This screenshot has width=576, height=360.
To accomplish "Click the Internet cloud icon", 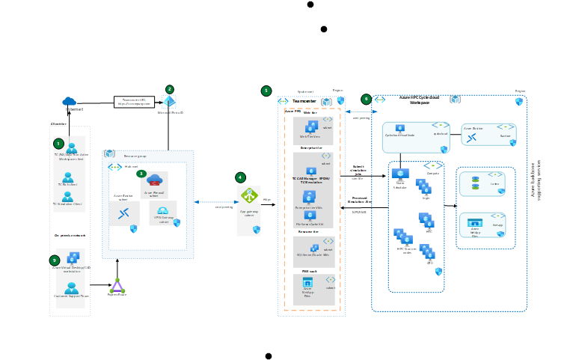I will pyautogui.click(x=70, y=101).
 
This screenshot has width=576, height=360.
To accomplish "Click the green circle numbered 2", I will pyautogui.click(x=170, y=89).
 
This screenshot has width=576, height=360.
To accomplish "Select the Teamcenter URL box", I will pyautogui.click(x=134, y=102).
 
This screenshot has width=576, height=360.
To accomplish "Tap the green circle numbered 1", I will pyautogui.click(x=58, y=143).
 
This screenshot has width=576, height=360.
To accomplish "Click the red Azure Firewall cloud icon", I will pyautogui.click(x=155, y=180).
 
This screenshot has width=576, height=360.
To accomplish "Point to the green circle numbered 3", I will pyautogui.click(x=141, y=174).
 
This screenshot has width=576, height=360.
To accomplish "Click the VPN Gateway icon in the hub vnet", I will pyautogui.click(x=162, y=210).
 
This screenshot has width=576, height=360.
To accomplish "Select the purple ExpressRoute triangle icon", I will pyautogui.click(x=117, y=285).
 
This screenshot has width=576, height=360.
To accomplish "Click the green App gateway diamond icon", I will pyautogui.click(x=249, y=195).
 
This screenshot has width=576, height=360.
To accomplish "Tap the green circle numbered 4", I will pyautogui.click(x=240, y=177).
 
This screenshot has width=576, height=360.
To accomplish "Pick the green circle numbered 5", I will pyautogui.click(x=266, y=91).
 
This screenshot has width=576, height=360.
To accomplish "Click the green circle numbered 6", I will pyautogui.click(x=366, y=99).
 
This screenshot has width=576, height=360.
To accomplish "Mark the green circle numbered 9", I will pyautogui.click(x=55, y=260).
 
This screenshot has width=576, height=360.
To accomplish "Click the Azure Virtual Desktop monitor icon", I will pyautogui.click(x=73, y=258).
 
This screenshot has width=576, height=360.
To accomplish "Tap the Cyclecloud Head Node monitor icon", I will pyautogui.click(x=400, y=128).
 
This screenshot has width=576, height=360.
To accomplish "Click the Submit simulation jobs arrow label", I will pyautogui.click(x=358, y=170).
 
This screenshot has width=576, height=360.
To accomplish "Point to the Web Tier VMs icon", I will pyautogui.click(x=310, y=127).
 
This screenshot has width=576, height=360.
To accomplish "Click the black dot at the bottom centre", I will pyautogui.click(x=269, y=356).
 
